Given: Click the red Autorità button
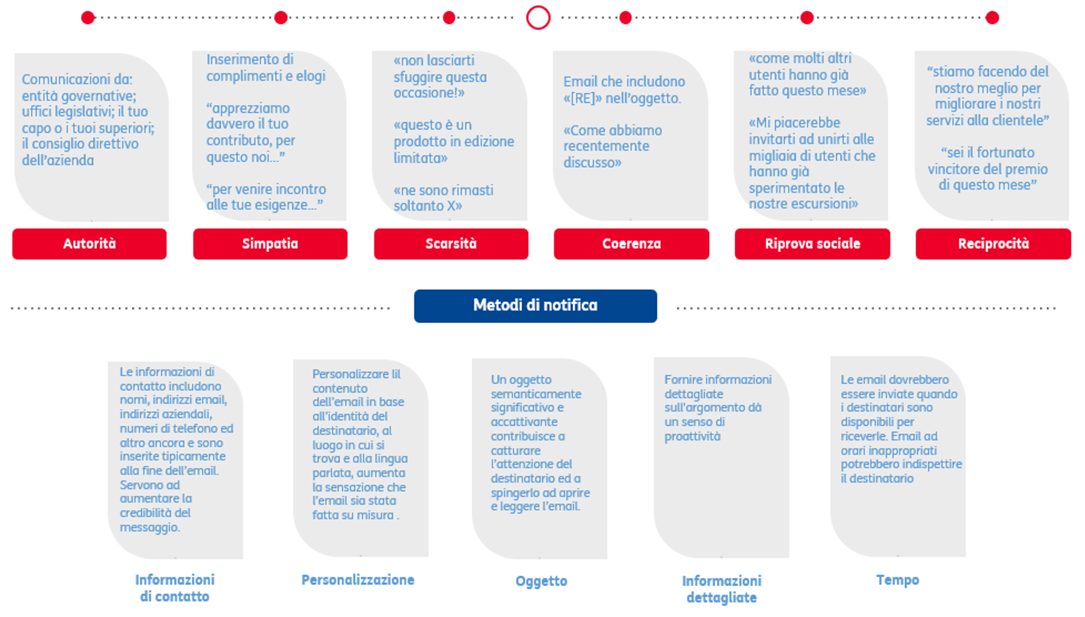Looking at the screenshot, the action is (x=89, y=244).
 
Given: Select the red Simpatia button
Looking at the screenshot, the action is (x=270, y=244).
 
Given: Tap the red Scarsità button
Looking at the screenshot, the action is (x=451, y=244).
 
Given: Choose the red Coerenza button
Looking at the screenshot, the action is (x=631, y=244).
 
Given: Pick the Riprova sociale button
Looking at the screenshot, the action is (x=812, y=244).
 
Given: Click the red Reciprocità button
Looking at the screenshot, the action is (x=993, y=244).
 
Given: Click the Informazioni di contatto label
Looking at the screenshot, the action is (x=175, y=588).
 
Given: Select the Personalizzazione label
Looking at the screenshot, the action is (x=358, y=580).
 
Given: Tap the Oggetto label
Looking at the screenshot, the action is (x=541, y=581).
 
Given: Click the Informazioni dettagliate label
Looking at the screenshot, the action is (x=722, y=589).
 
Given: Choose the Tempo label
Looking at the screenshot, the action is (x=898, y=580).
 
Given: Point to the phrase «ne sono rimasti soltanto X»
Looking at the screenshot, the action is (x=443, y=198).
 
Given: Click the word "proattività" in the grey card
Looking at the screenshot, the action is (x=692, y=436).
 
